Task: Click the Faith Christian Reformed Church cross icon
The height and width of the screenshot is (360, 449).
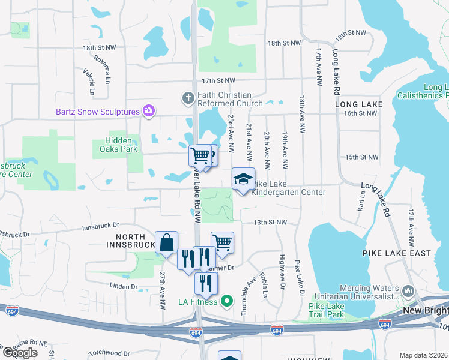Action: [188, 97]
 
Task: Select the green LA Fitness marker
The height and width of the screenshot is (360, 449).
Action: [226, 301]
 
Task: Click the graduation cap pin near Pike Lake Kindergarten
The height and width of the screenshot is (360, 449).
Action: [243, 179]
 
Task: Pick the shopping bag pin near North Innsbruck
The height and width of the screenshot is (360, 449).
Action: [166, 242]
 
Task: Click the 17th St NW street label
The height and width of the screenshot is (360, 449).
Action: [218, 80]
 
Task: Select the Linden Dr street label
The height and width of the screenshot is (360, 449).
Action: [125, 286]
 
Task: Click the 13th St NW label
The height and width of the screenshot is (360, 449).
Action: [270, 222]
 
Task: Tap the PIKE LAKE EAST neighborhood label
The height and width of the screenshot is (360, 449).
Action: [397, 253]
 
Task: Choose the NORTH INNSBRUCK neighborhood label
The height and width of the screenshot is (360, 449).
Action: [127, 241]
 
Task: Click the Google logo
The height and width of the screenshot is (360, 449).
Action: [20, 352]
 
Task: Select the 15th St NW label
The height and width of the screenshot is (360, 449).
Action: [362, 157]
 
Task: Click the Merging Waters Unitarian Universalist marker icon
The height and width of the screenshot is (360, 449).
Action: [409, 292]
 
